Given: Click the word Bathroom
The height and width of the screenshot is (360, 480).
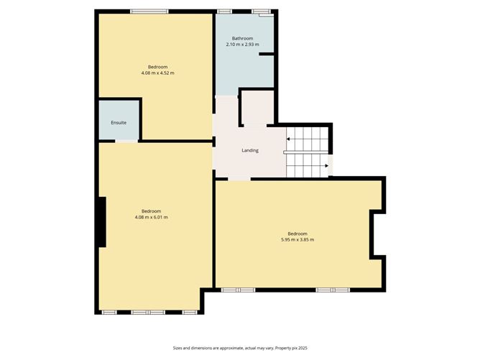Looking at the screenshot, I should pos(242,38).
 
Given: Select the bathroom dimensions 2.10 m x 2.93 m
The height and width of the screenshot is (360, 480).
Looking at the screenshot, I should pos(242,45).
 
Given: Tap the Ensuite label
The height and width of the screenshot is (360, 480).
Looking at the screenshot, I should pos(119,123).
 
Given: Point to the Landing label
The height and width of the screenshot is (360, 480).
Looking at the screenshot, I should pos(249,150).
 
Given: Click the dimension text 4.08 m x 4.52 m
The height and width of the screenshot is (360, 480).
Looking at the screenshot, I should pos(157,73).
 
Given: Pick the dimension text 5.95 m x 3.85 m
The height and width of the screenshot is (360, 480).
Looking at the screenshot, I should pos(297,239).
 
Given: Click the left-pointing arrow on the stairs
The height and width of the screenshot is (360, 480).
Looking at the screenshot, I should pos(289,139).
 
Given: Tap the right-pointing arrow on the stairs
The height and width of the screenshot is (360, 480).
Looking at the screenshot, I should pos(327,166).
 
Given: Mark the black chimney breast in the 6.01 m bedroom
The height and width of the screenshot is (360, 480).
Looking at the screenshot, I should pos(102,222).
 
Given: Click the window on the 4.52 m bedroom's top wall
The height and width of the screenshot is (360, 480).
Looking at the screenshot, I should pos(149,11).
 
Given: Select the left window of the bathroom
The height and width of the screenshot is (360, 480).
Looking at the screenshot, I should pos(225,11).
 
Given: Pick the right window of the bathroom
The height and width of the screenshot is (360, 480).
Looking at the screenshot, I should pos(261,11).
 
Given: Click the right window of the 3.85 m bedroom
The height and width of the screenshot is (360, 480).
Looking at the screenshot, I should pos(333,290).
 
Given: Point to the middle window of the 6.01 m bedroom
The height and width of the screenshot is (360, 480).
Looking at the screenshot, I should pos(148,312).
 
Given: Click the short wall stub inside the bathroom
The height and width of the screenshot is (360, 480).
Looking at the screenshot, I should pos(267,54).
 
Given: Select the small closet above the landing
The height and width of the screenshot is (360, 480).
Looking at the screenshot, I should pos(257,108).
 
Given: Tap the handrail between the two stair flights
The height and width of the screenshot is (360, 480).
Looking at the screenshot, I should pos(308,152).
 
